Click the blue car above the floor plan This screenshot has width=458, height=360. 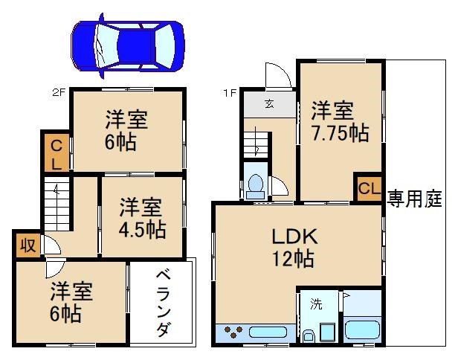pos(128,45)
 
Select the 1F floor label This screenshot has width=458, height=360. pos(230,93)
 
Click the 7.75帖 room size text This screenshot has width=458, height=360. pos(341,134)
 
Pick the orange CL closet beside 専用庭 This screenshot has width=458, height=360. pos(368,189)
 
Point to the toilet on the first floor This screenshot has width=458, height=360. pos(256,183)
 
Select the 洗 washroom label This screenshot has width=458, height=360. pos(315,303)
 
